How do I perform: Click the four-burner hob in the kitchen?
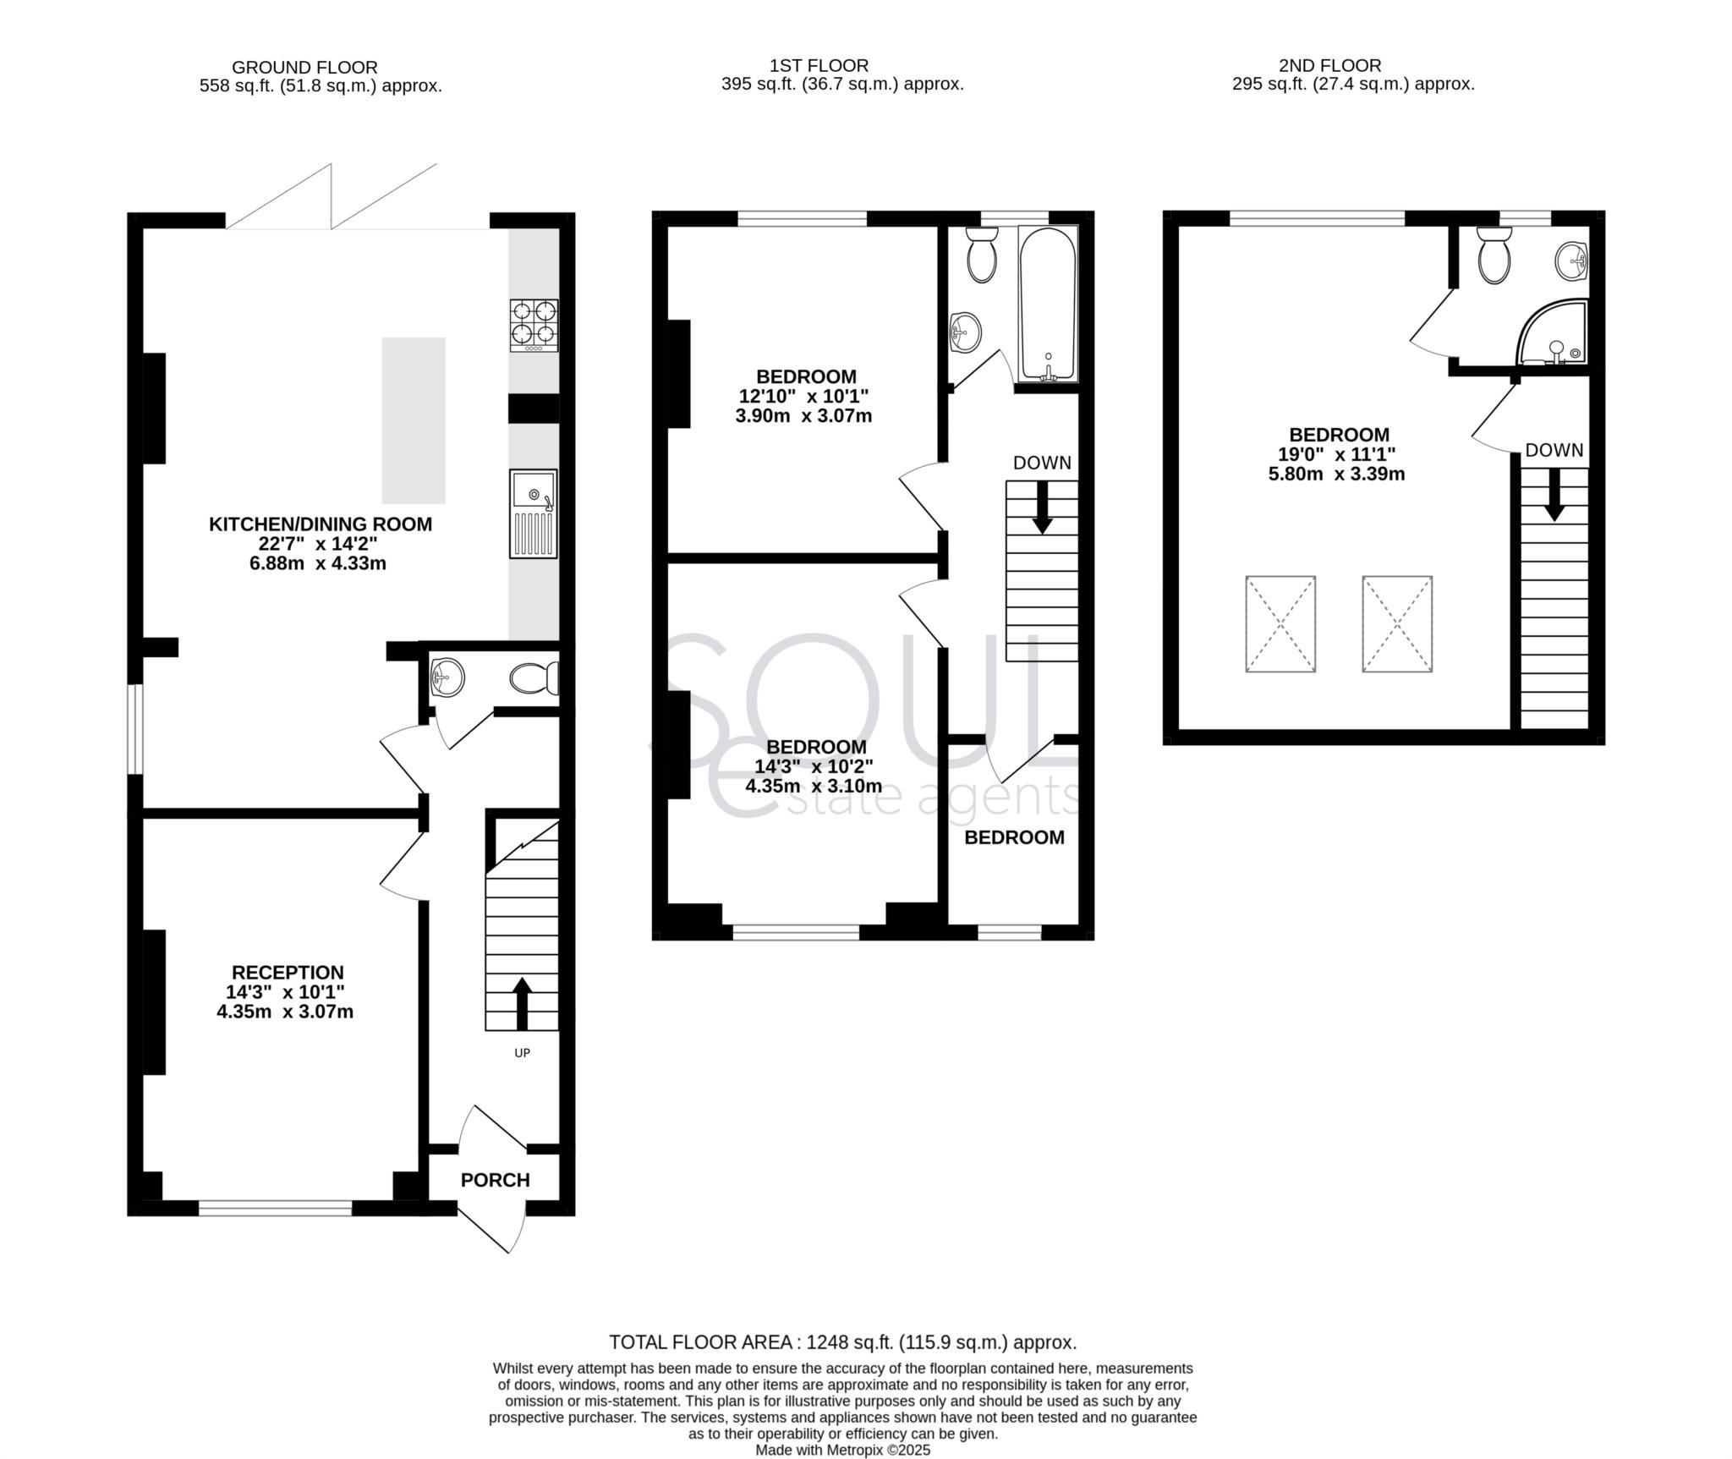point(534,326)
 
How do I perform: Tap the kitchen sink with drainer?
point(533,513)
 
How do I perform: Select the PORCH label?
point(495,1180)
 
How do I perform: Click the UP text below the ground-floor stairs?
point(522,1053)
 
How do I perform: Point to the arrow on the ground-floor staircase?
point(522,1002)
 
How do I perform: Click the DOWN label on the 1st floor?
point(1042,463)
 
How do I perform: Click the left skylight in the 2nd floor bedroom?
point(1280,624)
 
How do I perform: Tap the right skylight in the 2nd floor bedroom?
point(1397,624)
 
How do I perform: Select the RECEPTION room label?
point(288,973)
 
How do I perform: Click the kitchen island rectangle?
point(414,420)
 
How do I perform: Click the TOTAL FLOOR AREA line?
point(842,1342)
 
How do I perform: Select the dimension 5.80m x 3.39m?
point(1336,474)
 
